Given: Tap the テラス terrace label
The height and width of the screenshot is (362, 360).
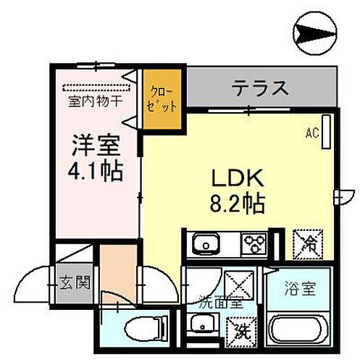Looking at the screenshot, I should point(260,88).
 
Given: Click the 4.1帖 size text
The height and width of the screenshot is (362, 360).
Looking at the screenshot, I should point(96,172).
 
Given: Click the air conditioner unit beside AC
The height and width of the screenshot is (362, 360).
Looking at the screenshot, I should point(325,131).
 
